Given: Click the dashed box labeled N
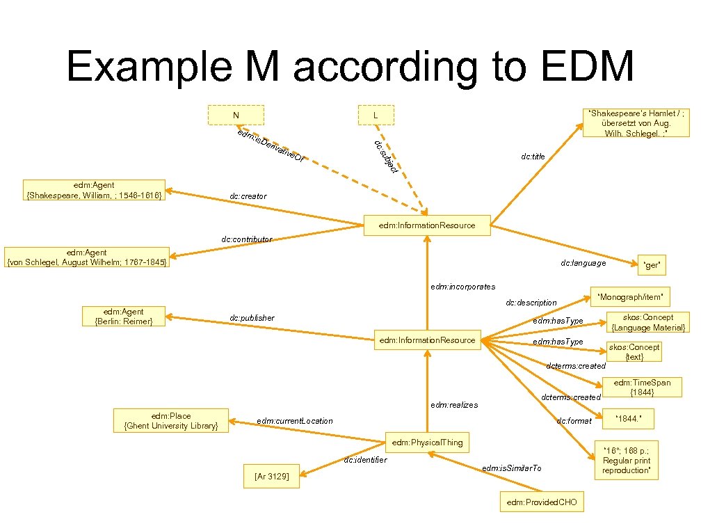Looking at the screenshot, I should point(236,115).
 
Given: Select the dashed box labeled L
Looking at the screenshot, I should point(375,115).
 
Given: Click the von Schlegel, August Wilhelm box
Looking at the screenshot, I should point(86,258).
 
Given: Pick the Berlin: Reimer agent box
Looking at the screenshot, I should point(123,317).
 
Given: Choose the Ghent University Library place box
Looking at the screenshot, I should point(170,420).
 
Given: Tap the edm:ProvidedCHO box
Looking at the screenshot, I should point(542,502).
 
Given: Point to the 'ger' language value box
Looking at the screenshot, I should point(652,264).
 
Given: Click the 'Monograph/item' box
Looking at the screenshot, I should point(630,297).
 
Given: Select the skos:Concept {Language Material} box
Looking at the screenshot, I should point(648,322).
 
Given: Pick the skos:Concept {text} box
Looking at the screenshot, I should point(634,351).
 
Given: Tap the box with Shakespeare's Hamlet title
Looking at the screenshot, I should point(637,122).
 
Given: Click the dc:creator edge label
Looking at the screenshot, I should point(248,197).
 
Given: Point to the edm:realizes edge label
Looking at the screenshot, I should point(454,404).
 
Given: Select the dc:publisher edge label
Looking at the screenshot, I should point(252,318).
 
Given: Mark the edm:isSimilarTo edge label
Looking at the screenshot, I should point(511,468).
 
